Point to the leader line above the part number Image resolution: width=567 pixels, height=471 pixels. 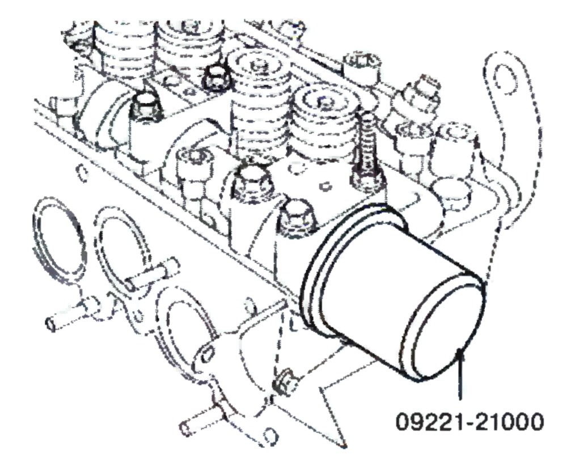[x=460, y=374]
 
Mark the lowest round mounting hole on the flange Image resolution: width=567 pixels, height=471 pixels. [x=269, y=435]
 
